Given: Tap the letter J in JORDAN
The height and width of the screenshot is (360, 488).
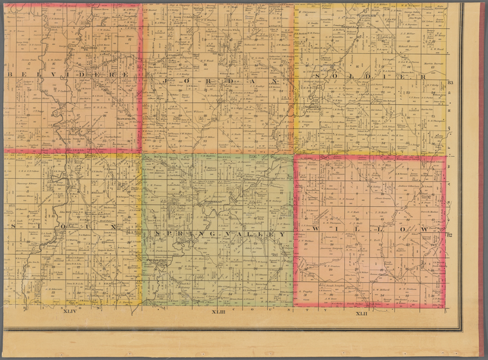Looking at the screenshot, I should (x=165, y=81).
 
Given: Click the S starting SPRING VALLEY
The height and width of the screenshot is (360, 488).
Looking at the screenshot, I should (x=156, y=234).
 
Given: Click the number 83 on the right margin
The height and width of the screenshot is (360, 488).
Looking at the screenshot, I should (x=450, y=83).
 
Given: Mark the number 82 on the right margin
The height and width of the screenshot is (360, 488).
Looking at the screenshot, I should (x=450, y=236).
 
